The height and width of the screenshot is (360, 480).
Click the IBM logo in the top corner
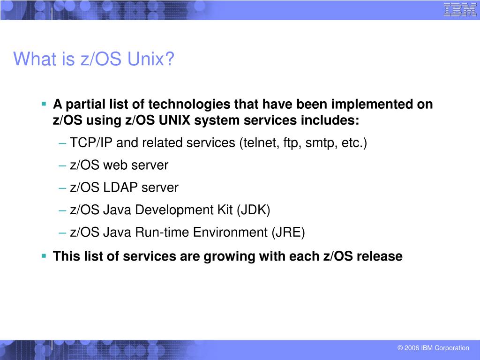pyautogui.click(x=460, y=10)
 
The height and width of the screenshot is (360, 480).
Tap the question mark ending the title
pyautogui.click(x=170, y=59)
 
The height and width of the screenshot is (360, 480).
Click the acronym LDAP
pyautogui.click(x=121, y=187)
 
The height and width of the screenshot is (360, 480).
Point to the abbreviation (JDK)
pyautogui.click(x=253, y=210)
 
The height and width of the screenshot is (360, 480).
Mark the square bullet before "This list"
pyautogui.click(x=44, y=256)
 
